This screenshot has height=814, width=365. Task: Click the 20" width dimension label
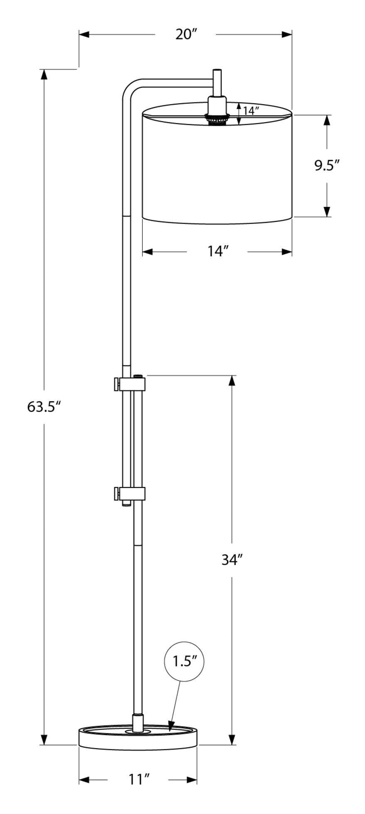pos(185,34)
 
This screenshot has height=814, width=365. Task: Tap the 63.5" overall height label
pos(44,407)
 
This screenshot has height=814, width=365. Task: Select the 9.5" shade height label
pos(327,166)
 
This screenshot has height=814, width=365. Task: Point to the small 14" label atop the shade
pos(251,111)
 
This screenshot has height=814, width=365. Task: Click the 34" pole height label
pos(232,560)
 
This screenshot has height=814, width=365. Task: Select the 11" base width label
pos(138,779)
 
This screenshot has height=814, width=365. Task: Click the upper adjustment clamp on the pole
pos(129,384)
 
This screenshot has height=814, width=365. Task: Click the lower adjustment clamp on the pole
pos(129,494)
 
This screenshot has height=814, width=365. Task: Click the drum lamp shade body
pos(217,170)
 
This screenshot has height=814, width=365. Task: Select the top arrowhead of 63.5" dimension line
pos(44,74)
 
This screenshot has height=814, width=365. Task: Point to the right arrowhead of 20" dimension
pos(287,34)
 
